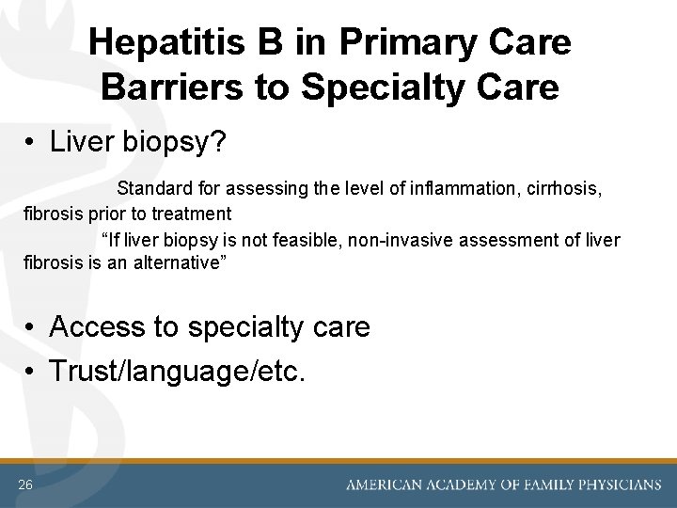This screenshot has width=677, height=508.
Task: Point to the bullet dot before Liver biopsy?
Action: tap(31, 143)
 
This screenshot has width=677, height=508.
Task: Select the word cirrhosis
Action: tap(567, 188)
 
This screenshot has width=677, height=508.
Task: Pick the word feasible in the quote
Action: tap(308, 240)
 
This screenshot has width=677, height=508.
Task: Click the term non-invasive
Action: tap(401, 240)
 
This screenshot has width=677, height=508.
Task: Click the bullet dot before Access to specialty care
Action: tap(31, 328)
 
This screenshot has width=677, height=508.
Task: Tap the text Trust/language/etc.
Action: tap(177, 372)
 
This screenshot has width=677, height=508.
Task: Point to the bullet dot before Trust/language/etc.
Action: tap(31, 373)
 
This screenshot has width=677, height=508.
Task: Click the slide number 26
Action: tap(24, 484)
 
